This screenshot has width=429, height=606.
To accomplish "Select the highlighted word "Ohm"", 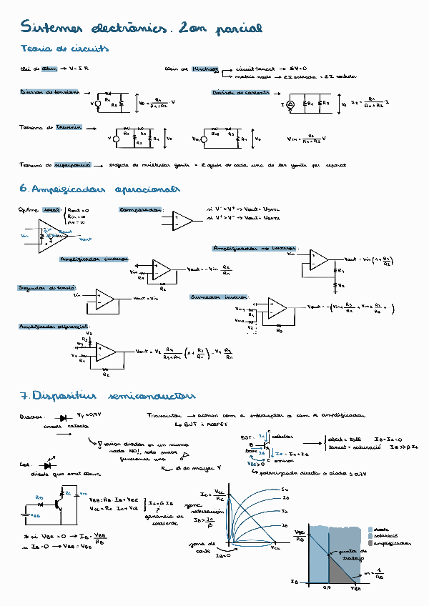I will coord(49,69).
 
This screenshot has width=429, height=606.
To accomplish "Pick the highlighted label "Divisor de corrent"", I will coord(240,93).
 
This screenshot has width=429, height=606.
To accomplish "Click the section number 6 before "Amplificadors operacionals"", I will coord(24,190).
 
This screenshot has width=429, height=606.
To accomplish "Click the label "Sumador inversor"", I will coord(219,296).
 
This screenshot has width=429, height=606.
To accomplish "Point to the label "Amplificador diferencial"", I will coord(54,326).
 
